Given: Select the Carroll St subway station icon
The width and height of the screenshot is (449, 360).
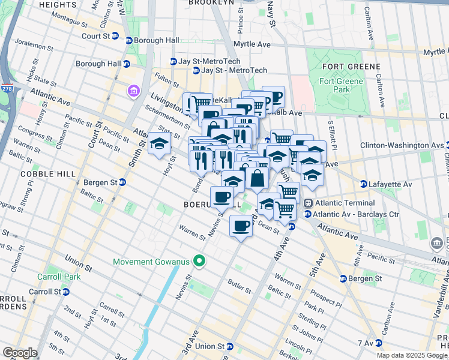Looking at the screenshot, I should point(66,292).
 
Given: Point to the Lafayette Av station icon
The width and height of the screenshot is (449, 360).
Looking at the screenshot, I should point(363,184).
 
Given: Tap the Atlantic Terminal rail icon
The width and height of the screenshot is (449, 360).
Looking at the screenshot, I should point(309,204).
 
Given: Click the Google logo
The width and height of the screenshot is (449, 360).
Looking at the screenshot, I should point(19,353).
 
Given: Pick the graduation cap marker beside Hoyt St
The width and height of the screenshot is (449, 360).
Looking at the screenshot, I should point(160,144).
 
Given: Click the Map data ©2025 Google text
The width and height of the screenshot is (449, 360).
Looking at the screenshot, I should point(411,355).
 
